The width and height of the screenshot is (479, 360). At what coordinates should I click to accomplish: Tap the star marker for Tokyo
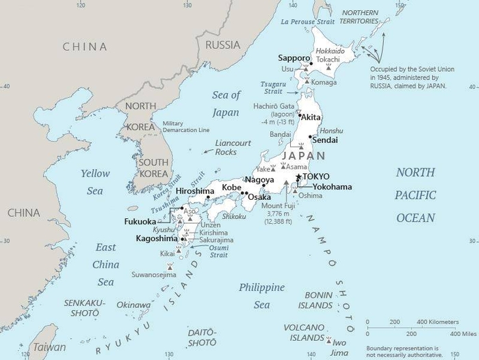click(x=298, y=177)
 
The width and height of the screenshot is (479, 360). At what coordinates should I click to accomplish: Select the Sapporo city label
click(x=293, y=57)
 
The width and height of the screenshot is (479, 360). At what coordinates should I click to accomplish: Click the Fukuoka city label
click(x=140, y=222)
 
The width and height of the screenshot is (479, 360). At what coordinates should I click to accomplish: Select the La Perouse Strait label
click(x=308, y=21)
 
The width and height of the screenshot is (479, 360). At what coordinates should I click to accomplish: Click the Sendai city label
click(x=326, y=140)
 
